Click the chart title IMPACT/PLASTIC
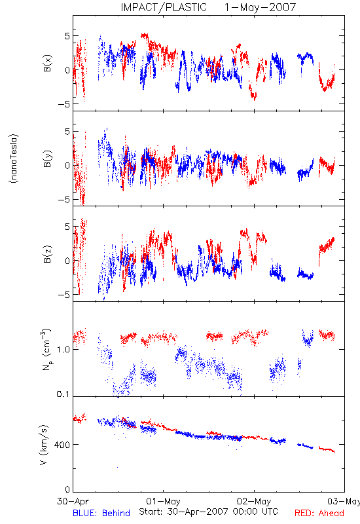164,7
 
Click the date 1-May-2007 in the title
260,7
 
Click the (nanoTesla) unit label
14,159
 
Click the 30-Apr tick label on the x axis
73,501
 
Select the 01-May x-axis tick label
163,501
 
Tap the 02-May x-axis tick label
254,501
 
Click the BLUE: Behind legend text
101,513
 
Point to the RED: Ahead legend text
319,513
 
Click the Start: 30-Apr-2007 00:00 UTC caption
208,512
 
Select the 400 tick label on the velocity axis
63,445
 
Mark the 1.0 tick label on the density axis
63,350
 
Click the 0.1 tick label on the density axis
63,394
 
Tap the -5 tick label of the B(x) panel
63,104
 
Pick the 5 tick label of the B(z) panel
67,227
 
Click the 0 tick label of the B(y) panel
67,166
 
